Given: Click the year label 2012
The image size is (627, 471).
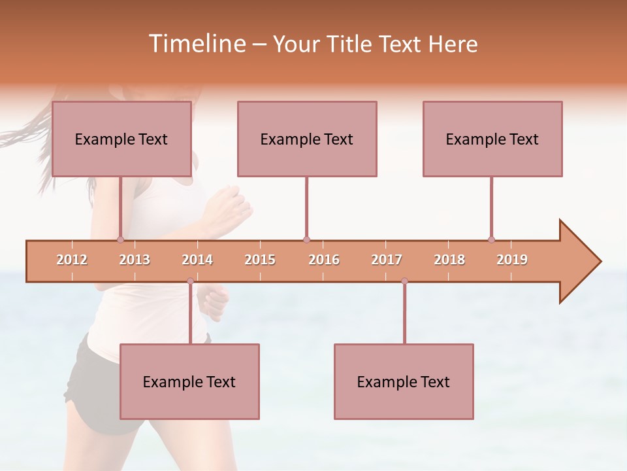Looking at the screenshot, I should click(x=72, y=260).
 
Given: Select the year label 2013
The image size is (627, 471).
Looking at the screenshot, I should click(x=135, y=260).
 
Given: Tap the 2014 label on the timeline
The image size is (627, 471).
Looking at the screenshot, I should click(x=197, y=260).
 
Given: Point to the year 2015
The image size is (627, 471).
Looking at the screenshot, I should click(x=260, y=260).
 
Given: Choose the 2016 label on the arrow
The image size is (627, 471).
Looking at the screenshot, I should click(x=324, y=260).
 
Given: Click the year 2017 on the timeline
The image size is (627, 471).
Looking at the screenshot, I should click(x=387, y=260).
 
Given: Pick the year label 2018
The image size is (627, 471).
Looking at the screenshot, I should click(x=449, y=260).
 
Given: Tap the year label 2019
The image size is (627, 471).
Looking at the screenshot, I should click(x=512, y=260).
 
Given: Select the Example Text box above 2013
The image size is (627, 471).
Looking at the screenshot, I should click(x=121, y=139).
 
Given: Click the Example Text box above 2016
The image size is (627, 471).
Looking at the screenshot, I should click(x=307, y=139).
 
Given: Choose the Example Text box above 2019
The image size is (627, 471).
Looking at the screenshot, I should click(x=492, y=139).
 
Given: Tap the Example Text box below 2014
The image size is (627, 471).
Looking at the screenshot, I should click(x=189, y=381).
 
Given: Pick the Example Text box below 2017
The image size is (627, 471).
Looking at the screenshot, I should click(x=404, y=381).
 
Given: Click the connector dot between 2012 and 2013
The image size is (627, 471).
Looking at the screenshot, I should click(x=120, y=239).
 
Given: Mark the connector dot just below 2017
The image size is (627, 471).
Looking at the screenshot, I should click(x=404, y=281).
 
